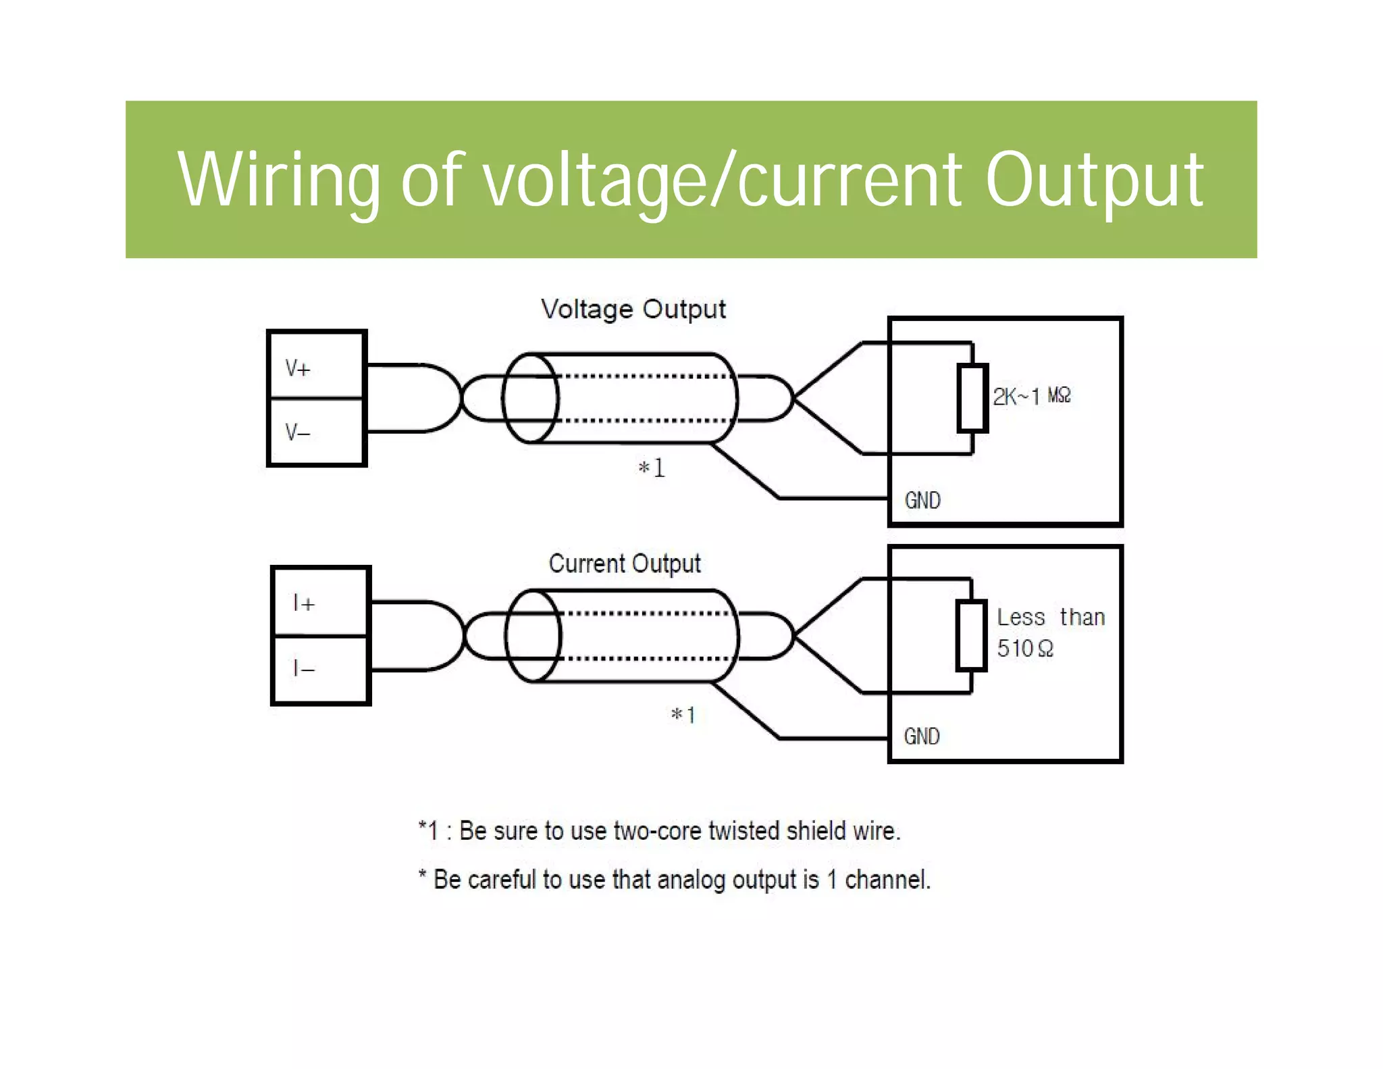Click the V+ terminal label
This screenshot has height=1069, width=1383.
click(x=298, y=369)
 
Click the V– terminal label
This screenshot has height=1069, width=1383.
click(x=298, y=432)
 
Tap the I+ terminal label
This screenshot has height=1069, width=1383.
click(x=304, y=603)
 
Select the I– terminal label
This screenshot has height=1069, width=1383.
click(x=304, y=669)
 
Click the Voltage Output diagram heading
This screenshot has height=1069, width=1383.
click(x=633, y=309)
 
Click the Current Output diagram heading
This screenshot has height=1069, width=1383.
click(x=625, y=564)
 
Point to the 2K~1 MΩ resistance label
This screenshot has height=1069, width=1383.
click(x=1031, y=396)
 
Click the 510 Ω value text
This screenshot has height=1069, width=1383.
click(x=1025, y=649)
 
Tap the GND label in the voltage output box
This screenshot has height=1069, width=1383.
click(x=922, y=501)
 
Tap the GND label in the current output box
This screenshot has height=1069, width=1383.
click(x=922, y=737)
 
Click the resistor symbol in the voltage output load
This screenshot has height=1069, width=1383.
click(x=972, y=398)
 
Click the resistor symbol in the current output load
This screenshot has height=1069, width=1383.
click(x=971, y=635)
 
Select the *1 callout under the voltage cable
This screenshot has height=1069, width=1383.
click(x=652, y=468)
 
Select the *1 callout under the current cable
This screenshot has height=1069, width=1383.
click(x=683, y=714)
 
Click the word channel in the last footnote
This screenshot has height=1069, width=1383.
click(x=887, y=880)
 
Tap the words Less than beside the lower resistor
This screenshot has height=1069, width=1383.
click(x=1051, y=617)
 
